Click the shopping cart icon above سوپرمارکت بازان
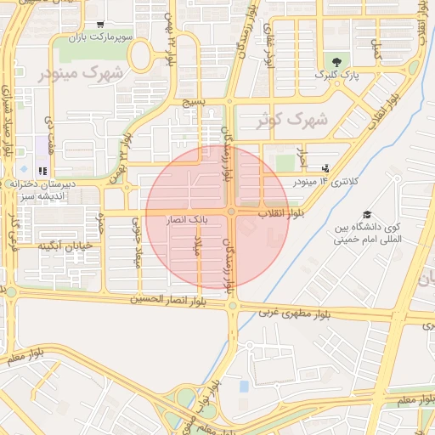coord(101,25)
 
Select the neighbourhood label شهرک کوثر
coord(291,120)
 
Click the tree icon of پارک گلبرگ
coord(338,61)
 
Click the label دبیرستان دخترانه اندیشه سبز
coord(42,189)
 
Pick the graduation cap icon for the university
coord(367,214)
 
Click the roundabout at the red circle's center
coord(231,212)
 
